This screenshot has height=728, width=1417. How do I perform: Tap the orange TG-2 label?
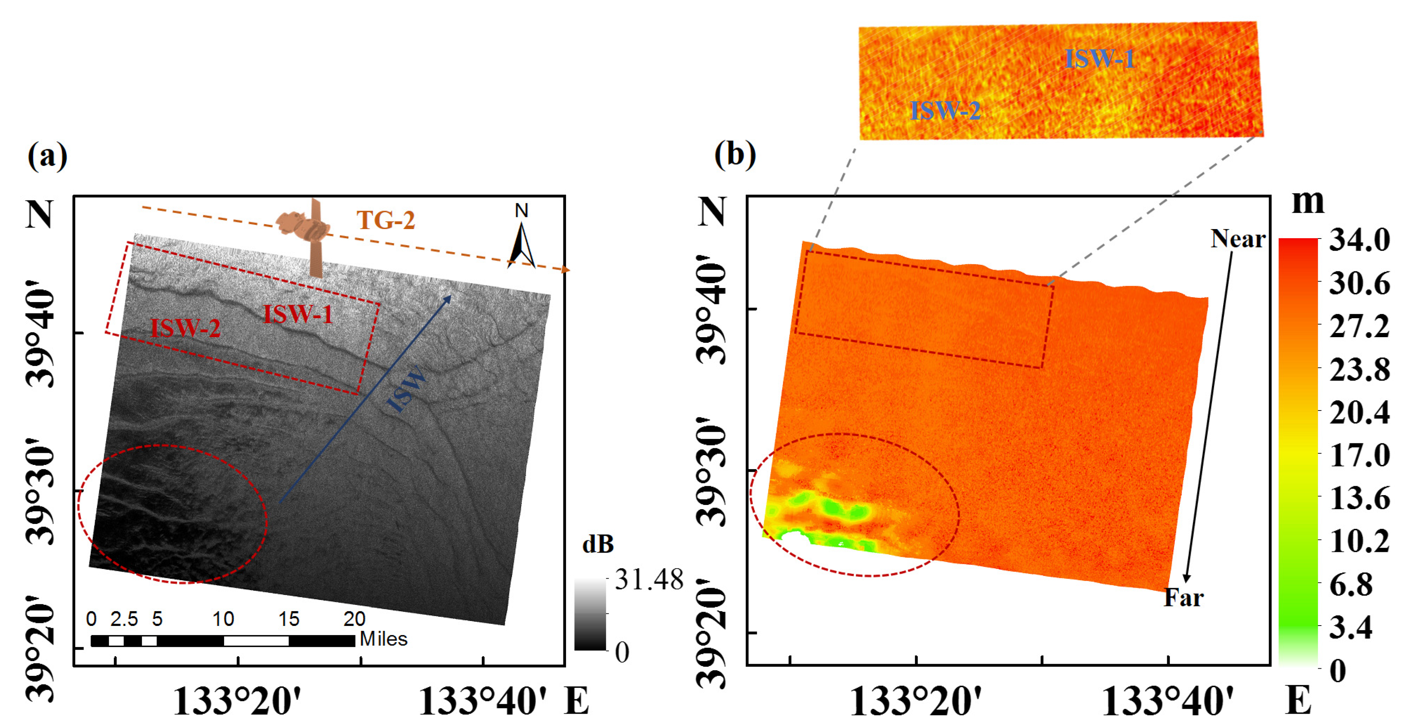[385, 221]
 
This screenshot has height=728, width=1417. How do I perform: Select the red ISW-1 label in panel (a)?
[298, 314]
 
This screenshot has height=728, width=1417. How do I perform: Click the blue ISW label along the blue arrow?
[407, 389]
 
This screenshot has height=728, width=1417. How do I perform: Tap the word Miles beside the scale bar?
[384, 639]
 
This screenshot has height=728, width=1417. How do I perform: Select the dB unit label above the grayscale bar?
[598, 544]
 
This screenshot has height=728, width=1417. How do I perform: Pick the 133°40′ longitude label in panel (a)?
[483, 702]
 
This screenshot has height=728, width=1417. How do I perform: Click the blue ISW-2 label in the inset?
[945, 111]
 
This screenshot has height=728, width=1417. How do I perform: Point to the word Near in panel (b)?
[1238, 239]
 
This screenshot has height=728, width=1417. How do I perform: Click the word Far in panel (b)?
[1183, 598]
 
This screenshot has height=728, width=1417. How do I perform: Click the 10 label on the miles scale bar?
[223, 619]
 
